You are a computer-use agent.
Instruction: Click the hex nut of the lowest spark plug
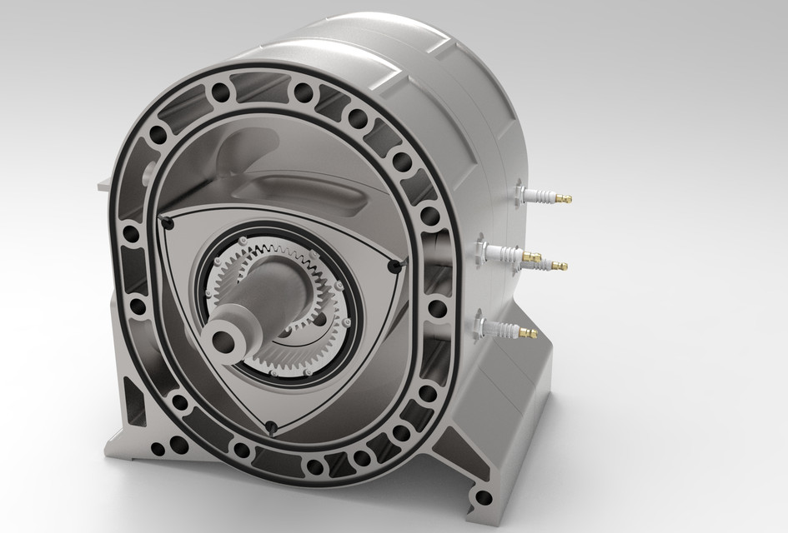[x=490, y=326]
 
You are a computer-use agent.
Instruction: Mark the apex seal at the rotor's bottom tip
[x=271, y=428]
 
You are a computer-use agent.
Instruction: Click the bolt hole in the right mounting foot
[x=481, y=499]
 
